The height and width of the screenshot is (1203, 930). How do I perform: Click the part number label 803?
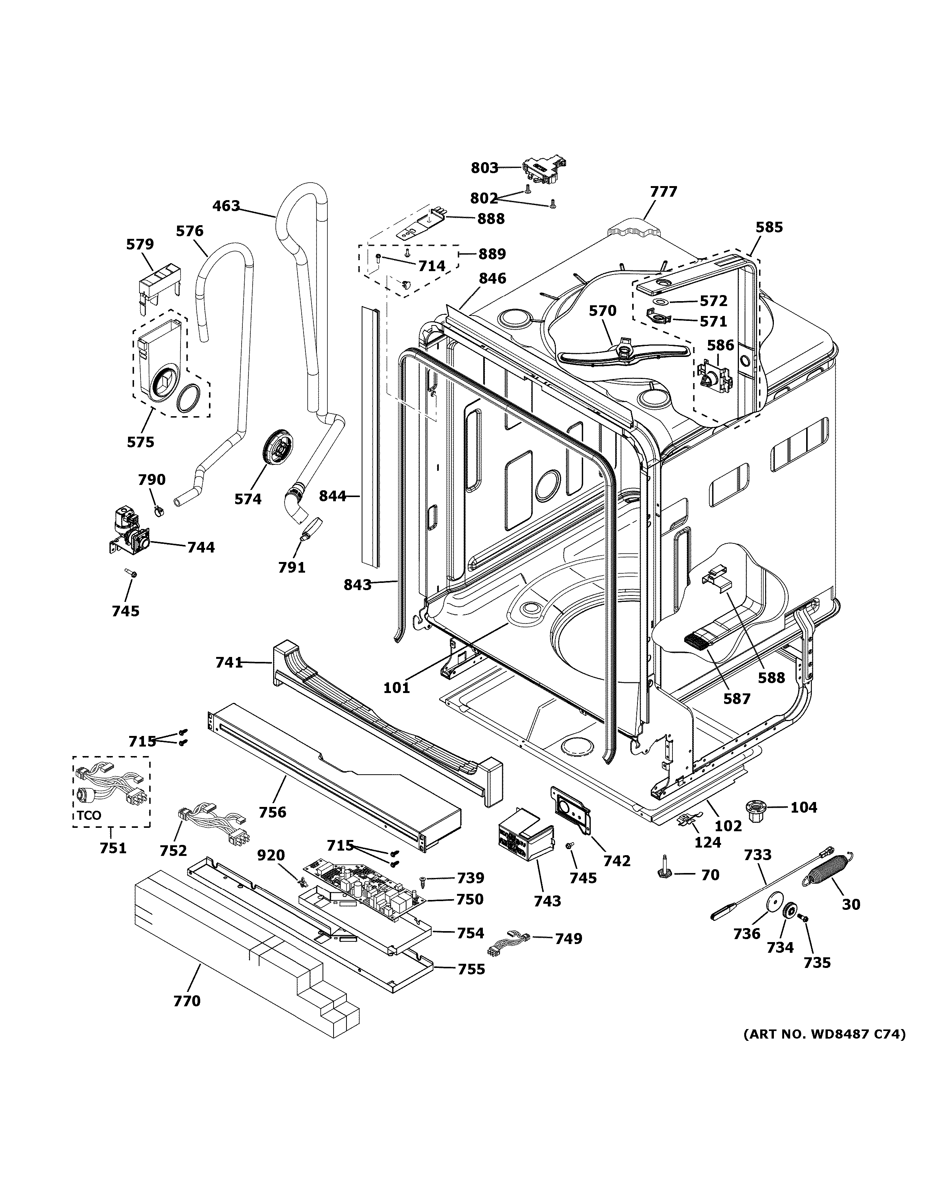[484, 168]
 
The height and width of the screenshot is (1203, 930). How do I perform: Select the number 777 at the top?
[663, 192]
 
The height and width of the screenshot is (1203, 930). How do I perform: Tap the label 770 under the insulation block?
[187, 1001]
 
